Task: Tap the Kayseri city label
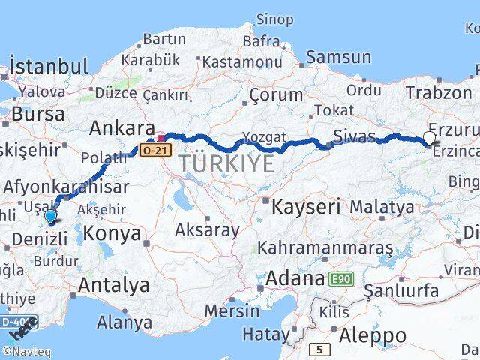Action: click(306, 205)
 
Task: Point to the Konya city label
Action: click(112, 233)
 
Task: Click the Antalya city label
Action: click(113, 285)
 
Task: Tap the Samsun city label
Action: click(338, 57)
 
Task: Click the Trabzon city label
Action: click(438, 92)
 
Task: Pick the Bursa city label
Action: click(39, 115)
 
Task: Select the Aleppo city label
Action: click(373, 334)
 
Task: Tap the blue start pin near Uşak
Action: click(50, 217)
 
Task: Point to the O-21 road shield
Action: click(151, 151)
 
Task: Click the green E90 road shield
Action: click(342, 279)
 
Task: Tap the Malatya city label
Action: click(382, 206)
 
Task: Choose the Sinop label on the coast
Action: click(274, 19)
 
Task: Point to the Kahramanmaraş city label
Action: click(325, 247)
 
